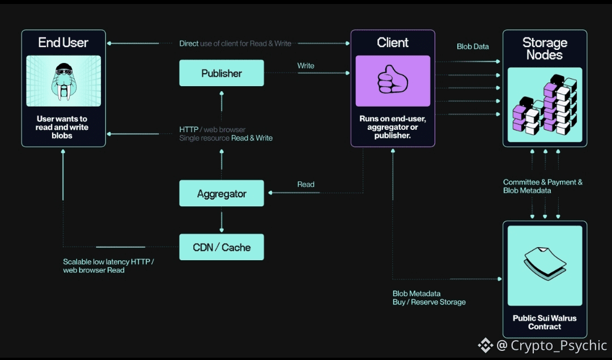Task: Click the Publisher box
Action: click(x=222, y=73)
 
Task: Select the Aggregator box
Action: click(x=222, y=193)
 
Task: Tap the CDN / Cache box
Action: click(x=222, y=247)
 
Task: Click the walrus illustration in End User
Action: click(x=63, y=81)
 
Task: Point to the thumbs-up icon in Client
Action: click(x=393, y=81)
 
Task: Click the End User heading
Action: click(x=63, y=43)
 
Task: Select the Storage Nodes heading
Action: click(x=545, y=49)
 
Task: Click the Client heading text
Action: click(x=393, y=43)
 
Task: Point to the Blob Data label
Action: click(x=473, y=46)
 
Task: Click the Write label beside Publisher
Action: click(x=305, y=66)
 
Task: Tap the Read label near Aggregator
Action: click(x=305, y=184)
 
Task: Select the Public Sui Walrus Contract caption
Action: click(x=545, y=322)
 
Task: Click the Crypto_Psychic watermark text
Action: click(x=559, y=345)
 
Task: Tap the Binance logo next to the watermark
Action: click(x=486, y=345)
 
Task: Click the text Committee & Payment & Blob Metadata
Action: click(x=542, y=187)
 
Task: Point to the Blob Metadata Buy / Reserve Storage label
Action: click(x=429, y=298)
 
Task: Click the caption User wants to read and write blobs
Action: click(x=62, y=127)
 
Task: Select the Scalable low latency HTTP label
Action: click(x=108, y=266)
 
